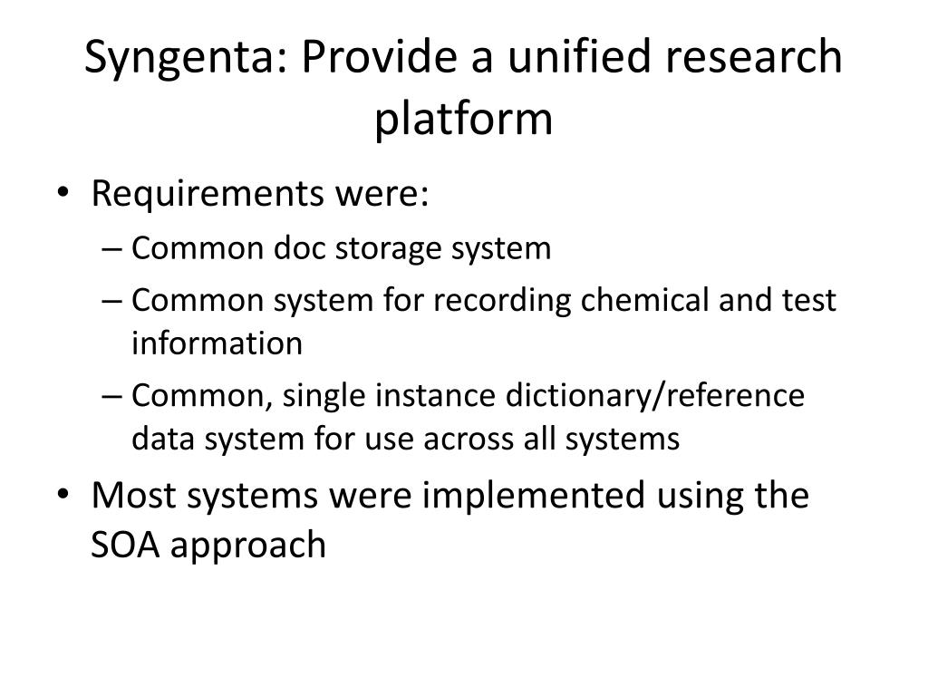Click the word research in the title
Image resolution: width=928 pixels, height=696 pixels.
753,57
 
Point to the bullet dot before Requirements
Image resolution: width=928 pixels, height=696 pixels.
63,192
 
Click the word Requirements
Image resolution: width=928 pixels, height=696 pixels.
208,194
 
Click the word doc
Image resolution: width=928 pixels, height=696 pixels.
299,248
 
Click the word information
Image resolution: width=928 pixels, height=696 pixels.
217,343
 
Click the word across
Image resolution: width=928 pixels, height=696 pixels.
468,440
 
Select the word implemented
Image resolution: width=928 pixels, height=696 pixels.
533,496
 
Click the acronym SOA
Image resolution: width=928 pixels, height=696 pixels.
125,545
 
